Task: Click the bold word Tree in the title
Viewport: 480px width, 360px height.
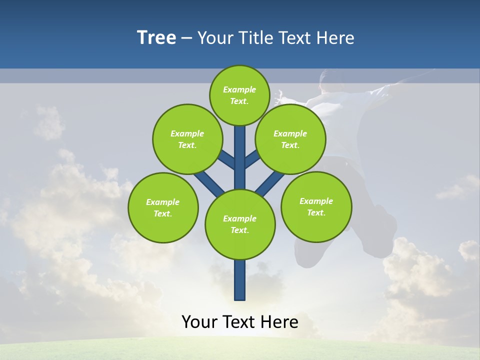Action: coord(156,38)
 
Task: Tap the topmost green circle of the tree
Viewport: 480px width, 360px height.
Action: coord(239,95)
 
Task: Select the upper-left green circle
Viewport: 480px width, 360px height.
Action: coord(187,139)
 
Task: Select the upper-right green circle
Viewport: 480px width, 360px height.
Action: coord(290,139)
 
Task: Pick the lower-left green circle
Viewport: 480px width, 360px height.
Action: coord(163,207)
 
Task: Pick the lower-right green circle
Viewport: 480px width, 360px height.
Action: coord(316,206)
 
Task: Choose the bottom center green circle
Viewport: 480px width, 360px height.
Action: coord(240,224)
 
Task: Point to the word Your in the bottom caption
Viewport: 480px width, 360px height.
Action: coord(199,322)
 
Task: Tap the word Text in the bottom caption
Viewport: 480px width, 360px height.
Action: coord(240,322)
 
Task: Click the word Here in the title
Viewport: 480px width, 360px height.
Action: coord(336,38)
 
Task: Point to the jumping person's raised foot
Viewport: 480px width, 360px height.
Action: coord(385,220)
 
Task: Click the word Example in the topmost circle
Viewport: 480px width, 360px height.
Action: coord(239,89)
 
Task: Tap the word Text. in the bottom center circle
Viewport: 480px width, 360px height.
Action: coord(239,230)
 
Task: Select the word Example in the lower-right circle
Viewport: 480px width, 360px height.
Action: coord(316,201)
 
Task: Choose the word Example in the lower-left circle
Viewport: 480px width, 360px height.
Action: coord(162,202)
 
